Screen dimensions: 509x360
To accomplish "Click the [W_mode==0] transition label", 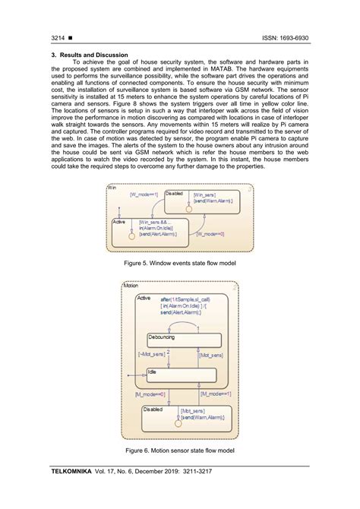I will coord(210,234).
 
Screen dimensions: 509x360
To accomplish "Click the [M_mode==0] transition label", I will coord(151,394).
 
